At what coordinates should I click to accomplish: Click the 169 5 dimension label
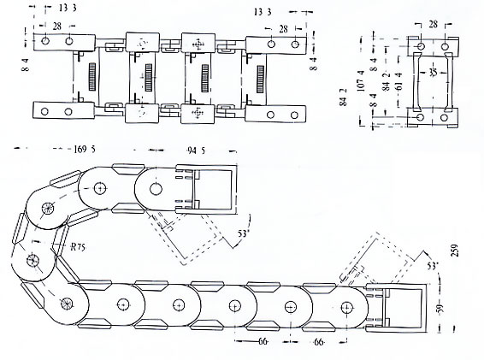[x=85, y=149]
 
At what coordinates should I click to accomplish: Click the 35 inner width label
[x=434, y=74]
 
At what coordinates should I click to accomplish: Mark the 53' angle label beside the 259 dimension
[x=433, y=267]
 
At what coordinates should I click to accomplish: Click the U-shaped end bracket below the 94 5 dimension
[x=214, y=192]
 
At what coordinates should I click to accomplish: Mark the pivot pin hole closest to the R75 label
[x=33, y=260]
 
